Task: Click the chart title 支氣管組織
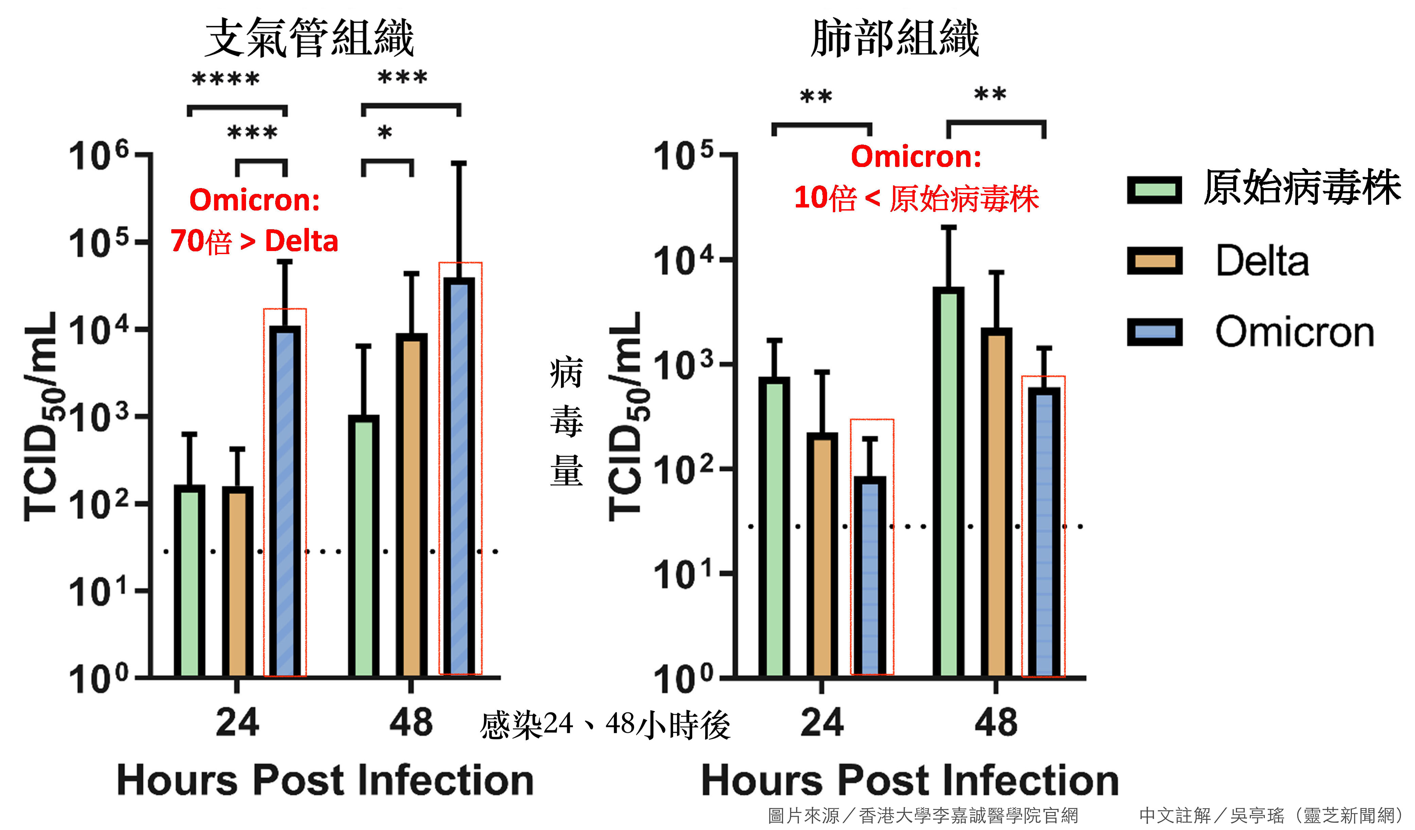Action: coord(309,38)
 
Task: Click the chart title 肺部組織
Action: coord(895,38)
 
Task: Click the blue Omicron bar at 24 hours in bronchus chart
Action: coord(285,500)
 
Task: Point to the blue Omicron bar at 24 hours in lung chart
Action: coord(870,576)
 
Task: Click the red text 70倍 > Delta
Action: coord(255,241)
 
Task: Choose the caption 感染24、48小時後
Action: coord(605,725)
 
